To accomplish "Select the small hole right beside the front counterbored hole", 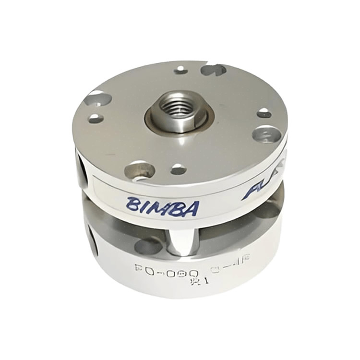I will (178, 169).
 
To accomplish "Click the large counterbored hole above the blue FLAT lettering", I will (267, 134).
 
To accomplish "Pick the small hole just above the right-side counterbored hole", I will (264, 114).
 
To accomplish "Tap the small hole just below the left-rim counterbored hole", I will (96, 118).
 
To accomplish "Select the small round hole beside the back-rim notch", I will (181, 70).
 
